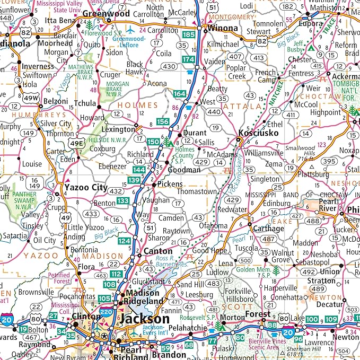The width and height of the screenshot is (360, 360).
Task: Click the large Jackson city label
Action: pos(144,319)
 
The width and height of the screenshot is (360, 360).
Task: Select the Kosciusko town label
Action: pos(258,133)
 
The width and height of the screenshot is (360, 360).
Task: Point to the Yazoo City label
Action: pos(85,188)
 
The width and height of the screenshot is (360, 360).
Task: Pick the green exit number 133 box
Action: pos(123,200)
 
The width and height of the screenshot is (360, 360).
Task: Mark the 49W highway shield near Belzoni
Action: pos(31,98)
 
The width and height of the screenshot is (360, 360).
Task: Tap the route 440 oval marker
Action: pos(214,112)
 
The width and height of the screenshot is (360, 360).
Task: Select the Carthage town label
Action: pos(268,229)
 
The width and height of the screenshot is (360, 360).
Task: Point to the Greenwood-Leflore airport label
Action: pos(130,42)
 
